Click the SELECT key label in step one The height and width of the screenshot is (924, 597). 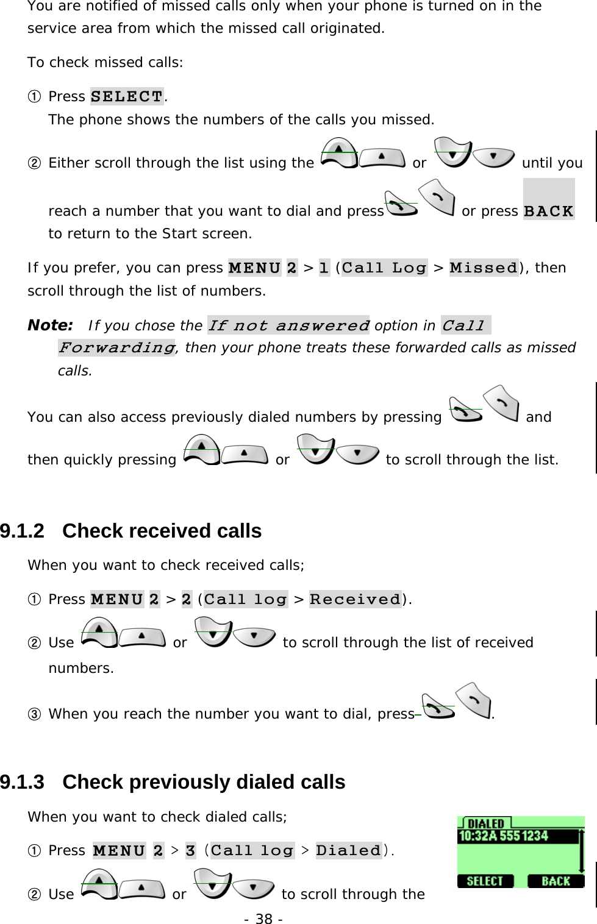[x=127, y=96]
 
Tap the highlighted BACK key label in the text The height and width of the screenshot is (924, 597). [x=549, y=211]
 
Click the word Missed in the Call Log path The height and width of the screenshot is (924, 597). [x=484, y=268]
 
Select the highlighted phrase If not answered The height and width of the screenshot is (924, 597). [x=288, y=325]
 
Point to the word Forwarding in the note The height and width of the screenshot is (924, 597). [x=116, y=347]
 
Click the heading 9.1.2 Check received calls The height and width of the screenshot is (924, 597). [x=131, y=531]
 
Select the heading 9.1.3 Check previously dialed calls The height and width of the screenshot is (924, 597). [x=173, y=782]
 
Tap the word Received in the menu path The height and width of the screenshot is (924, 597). [x=355, y=599]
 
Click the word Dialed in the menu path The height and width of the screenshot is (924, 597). [x=348, y=850]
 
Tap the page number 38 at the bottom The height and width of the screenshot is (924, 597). [x=263, y=919]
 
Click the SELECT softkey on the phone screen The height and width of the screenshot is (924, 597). [x=485, y=881]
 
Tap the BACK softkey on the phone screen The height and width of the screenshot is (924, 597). [x=556, y=881]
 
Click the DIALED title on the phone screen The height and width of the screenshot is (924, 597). [x=485, y=823]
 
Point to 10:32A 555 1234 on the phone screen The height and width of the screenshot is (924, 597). [x=503, y=836]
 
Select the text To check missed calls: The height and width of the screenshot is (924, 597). [x=105, y=62]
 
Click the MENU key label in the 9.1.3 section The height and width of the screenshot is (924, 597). [x=119, y=850]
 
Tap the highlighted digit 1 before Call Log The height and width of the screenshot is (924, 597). [x=324, y=268]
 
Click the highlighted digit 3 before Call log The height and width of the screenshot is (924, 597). [x=190, y=850]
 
